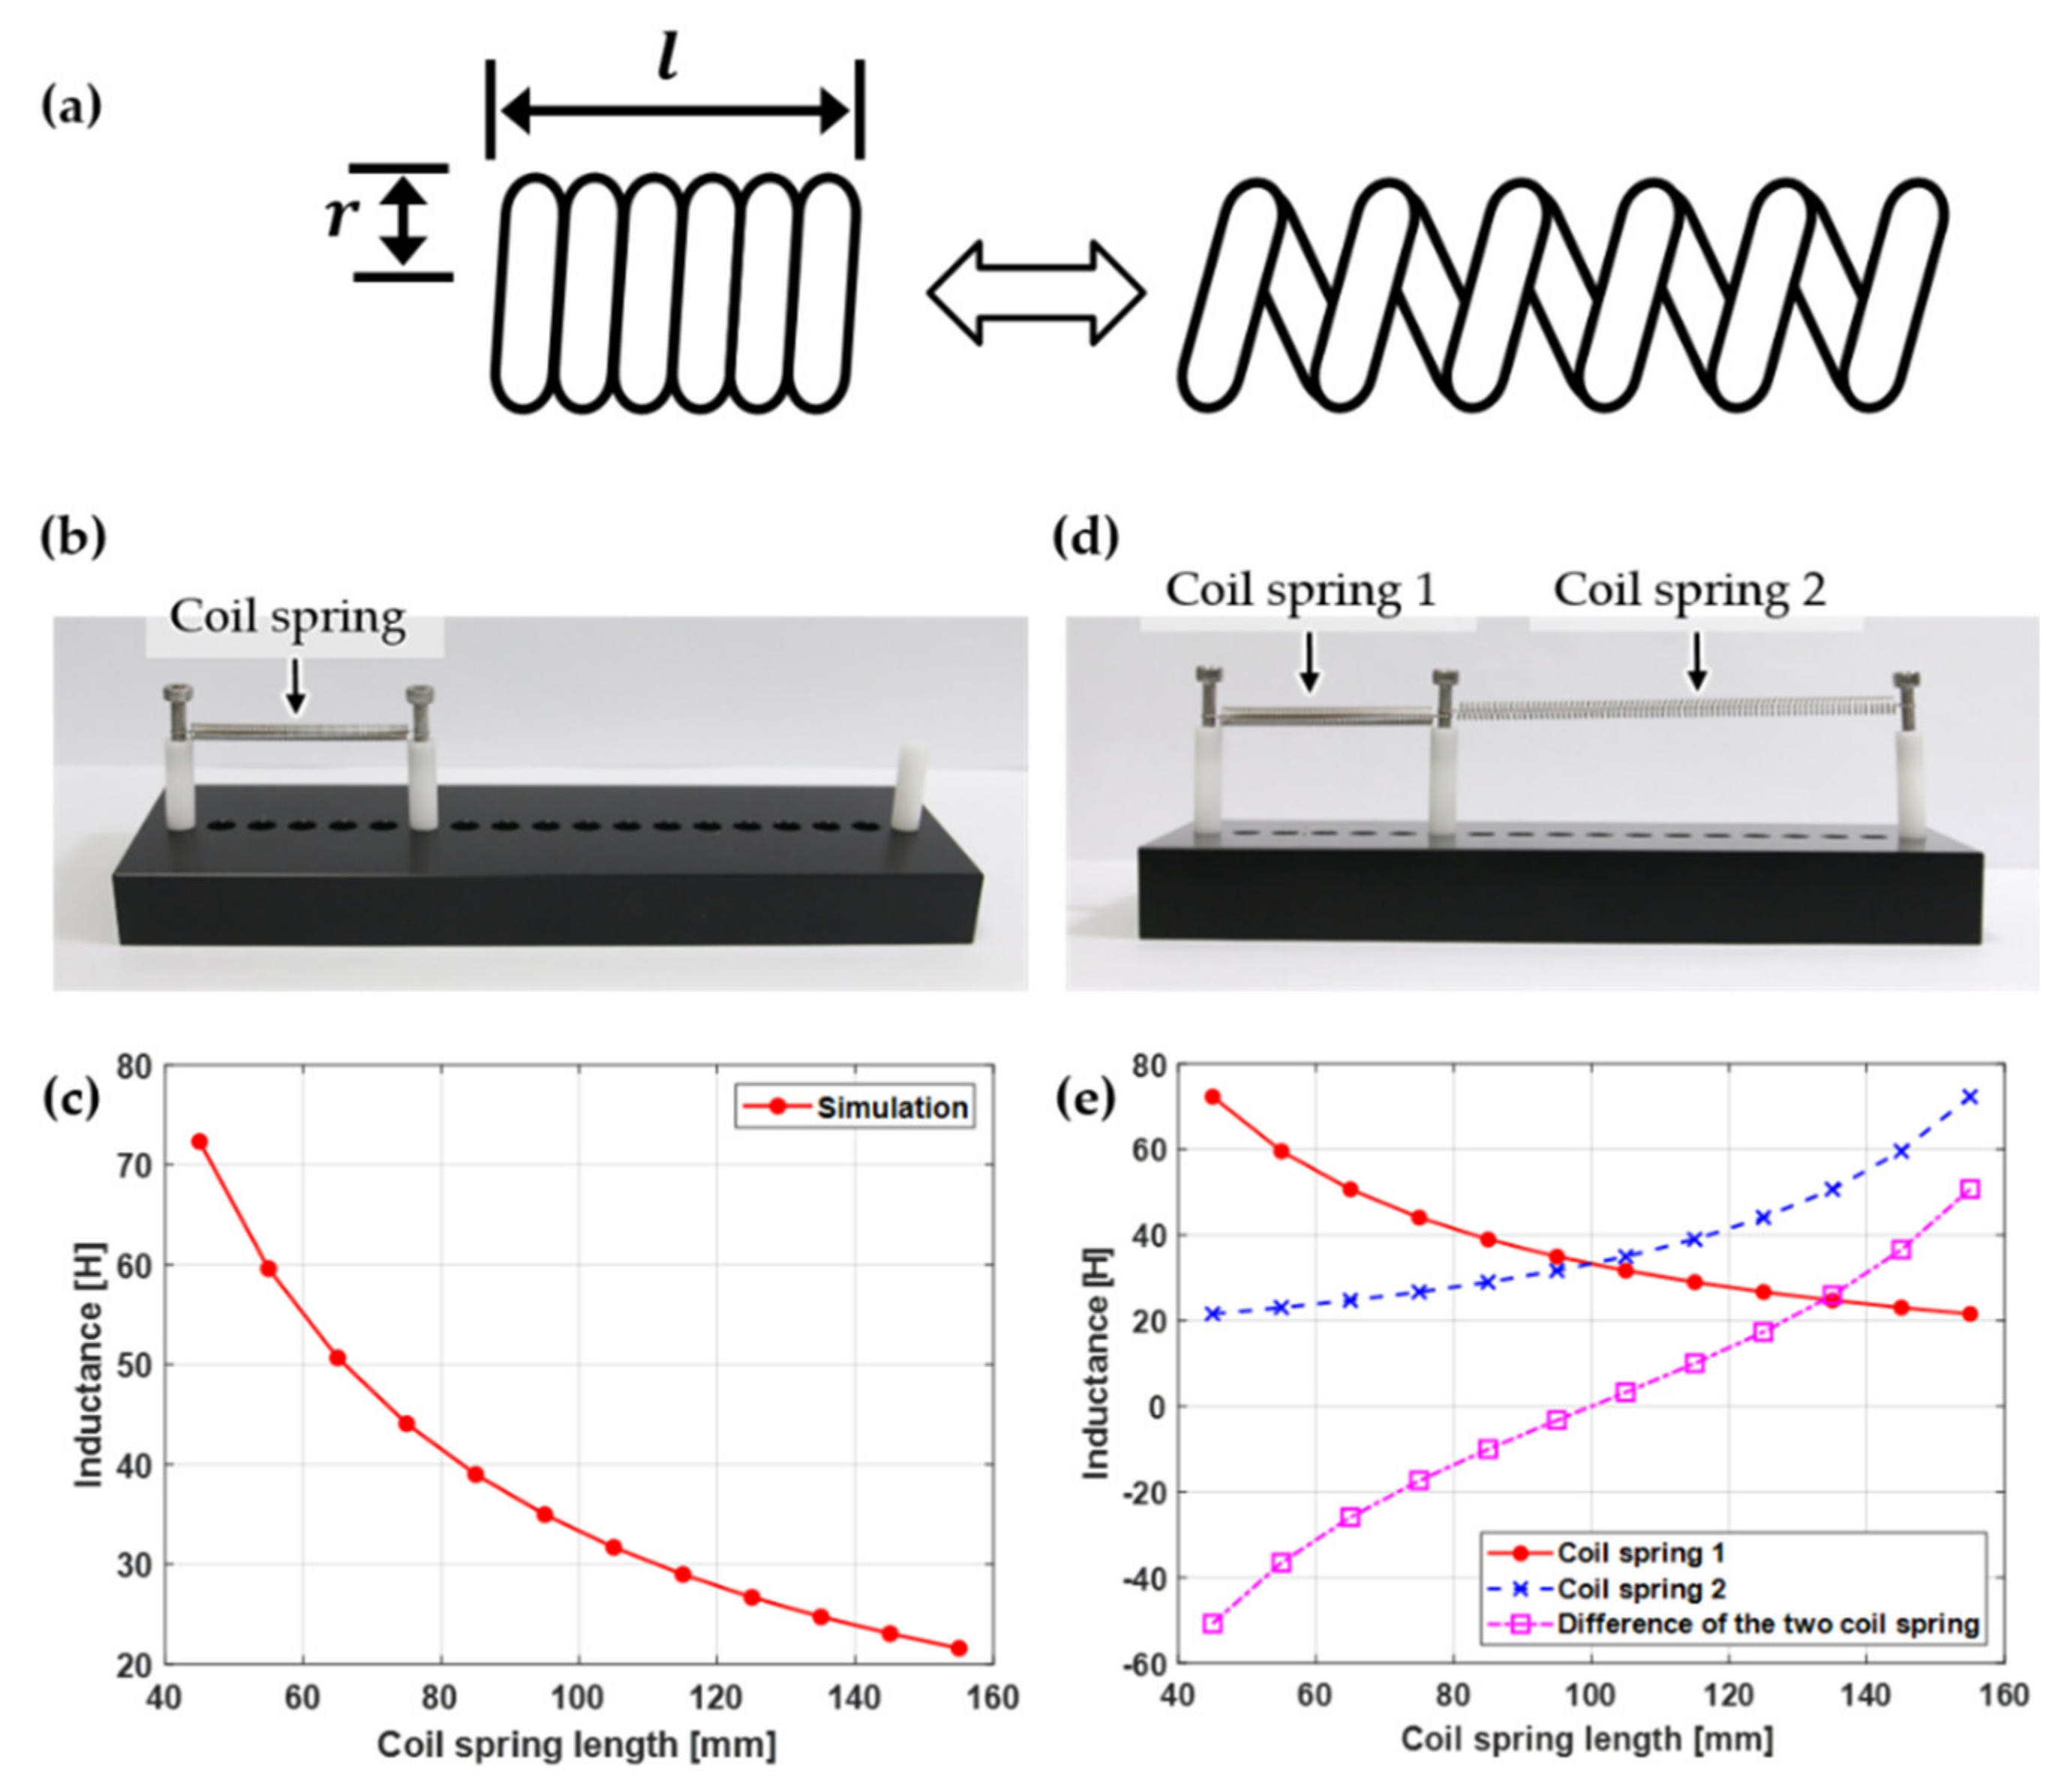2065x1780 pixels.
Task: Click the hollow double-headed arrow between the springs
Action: (1036, 293)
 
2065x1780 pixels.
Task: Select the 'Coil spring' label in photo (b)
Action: (287, 617)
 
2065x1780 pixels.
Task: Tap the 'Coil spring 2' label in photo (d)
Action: (1691, 590)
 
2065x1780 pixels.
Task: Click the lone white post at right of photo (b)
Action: (908, 786)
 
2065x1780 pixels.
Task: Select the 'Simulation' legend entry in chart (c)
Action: (891, 1108)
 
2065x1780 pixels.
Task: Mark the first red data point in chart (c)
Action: (200, 1141)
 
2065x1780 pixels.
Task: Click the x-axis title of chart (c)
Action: (576, 1745)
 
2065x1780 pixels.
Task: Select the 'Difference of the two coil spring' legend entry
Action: (1767, 1623)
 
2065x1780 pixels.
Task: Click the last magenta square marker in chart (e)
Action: (1969, 1189)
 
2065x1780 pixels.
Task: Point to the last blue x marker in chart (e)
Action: (1969, 1097)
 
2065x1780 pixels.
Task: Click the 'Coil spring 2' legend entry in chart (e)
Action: (1640, 1589)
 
